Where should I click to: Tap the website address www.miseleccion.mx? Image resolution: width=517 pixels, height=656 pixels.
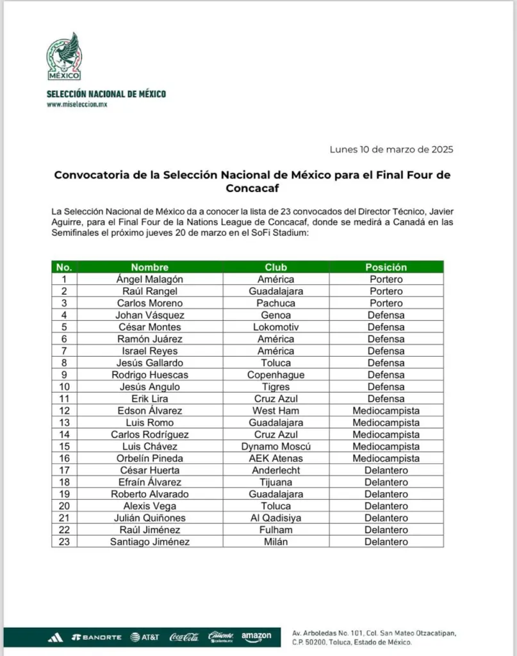(x=76, y=104)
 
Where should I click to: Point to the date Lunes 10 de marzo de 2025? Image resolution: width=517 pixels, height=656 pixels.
(x=391, y=149)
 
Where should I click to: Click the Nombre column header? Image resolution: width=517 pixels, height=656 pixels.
(x=149, y=267)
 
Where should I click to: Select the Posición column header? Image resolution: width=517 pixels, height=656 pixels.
(x=386, y=267)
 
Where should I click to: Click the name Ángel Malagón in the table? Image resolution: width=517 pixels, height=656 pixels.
(x=149, y=279)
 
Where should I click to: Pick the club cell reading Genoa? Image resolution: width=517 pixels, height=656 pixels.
(x=276, y=315)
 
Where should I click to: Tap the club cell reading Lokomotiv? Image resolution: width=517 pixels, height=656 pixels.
(x=276, y=327)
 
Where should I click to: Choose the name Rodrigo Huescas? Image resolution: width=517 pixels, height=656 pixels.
(x=149, y=375)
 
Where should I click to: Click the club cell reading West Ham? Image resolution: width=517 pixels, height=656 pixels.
(x=276, y=411)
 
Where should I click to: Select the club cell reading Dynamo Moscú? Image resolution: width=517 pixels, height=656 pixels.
(x=276, y=447)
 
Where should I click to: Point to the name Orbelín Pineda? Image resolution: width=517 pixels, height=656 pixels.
(x=149, y=458)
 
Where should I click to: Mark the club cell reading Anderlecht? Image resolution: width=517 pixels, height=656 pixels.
(x=276, y=470)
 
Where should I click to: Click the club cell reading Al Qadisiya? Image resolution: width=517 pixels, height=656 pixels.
(x=276, y=518)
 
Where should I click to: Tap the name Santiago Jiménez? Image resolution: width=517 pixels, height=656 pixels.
(x=149, y=542)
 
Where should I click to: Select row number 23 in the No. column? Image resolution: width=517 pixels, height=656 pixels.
(x=63, y=542)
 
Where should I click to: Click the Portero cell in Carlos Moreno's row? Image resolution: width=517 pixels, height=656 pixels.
(x=386, y=303)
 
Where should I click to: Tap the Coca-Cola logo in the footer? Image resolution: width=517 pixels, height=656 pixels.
(x=184, y=637)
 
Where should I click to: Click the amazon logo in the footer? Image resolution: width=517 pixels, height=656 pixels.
(x=256, y=637)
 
